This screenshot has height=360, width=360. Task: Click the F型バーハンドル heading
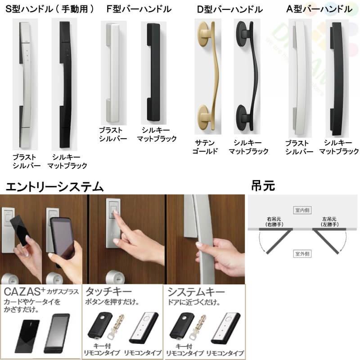(139, 9)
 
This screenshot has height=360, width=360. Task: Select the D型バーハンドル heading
(230, 9)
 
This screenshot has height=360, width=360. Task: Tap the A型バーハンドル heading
(319, 9)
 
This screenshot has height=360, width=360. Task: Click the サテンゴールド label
(205, 147)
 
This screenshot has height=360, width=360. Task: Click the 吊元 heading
(264, 185)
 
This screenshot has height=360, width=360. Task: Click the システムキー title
(189, 291)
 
